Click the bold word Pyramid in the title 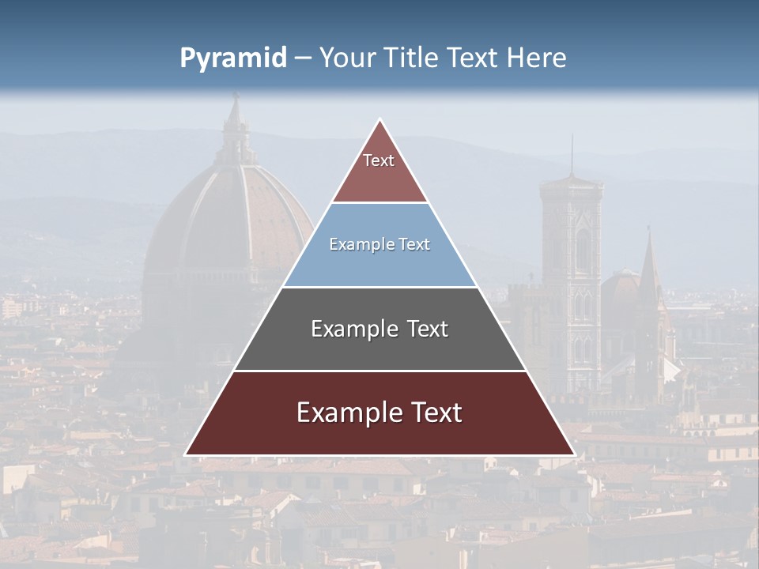point(232,58)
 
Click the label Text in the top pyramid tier point(379,160)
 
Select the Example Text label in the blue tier point(379,244)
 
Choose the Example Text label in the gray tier point(379,329)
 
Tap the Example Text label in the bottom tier point(379,413)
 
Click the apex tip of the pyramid point(380,120)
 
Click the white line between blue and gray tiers point(379,287)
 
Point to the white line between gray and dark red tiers point(379,371)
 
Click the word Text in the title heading point(473,58)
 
